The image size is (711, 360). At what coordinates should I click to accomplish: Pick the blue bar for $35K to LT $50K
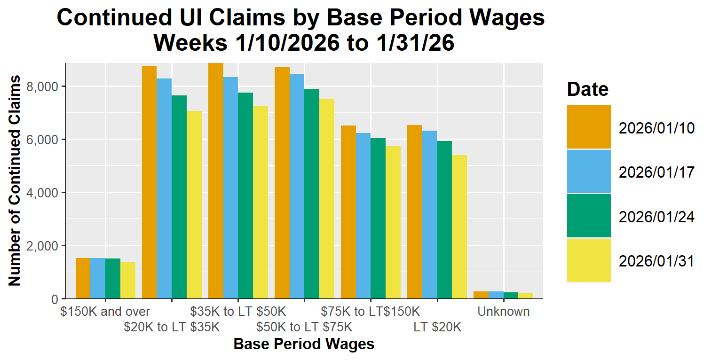(230, 188)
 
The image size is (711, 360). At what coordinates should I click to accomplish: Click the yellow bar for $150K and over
(128, 281)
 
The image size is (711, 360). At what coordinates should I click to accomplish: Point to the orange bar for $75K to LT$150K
(348, 212)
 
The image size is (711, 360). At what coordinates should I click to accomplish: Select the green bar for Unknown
(511, 296)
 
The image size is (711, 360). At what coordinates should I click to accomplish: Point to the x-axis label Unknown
(503, 312)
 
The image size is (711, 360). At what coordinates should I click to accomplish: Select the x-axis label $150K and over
(105, 312)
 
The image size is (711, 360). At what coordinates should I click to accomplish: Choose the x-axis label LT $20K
(437, 327)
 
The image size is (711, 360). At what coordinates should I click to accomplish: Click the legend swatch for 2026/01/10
(589, 127)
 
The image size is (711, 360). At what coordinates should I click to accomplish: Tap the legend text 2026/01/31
(656, 261)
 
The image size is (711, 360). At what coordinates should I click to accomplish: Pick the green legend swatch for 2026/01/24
(589, 215)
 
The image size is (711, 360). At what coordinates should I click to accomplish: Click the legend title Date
(587, 89)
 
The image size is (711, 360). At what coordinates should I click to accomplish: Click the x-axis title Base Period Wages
(304, 344)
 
